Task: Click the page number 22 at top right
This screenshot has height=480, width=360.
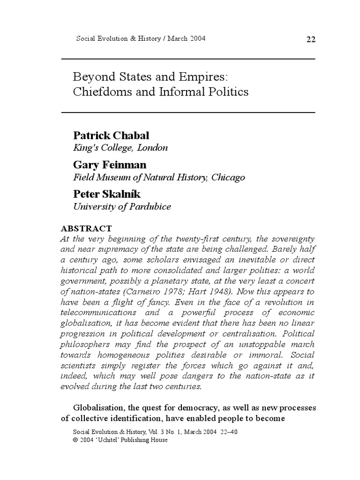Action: pyautogui.click(x=311, y=39)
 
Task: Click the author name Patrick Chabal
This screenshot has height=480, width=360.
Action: pyautogui.click(x=111, y=135)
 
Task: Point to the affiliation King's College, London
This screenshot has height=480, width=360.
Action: pyautogui.click(x=120, y=148)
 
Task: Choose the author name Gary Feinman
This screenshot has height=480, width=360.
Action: pyautogui.click(x=109, y=165)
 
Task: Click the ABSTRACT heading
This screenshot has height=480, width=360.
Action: pyautogui.click(x=86, y=228)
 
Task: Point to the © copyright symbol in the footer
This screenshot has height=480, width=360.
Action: pyautogui.click(x=77, y=440)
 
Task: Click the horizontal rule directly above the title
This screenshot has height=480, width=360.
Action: pyautogui.click(x=188, y=59)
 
